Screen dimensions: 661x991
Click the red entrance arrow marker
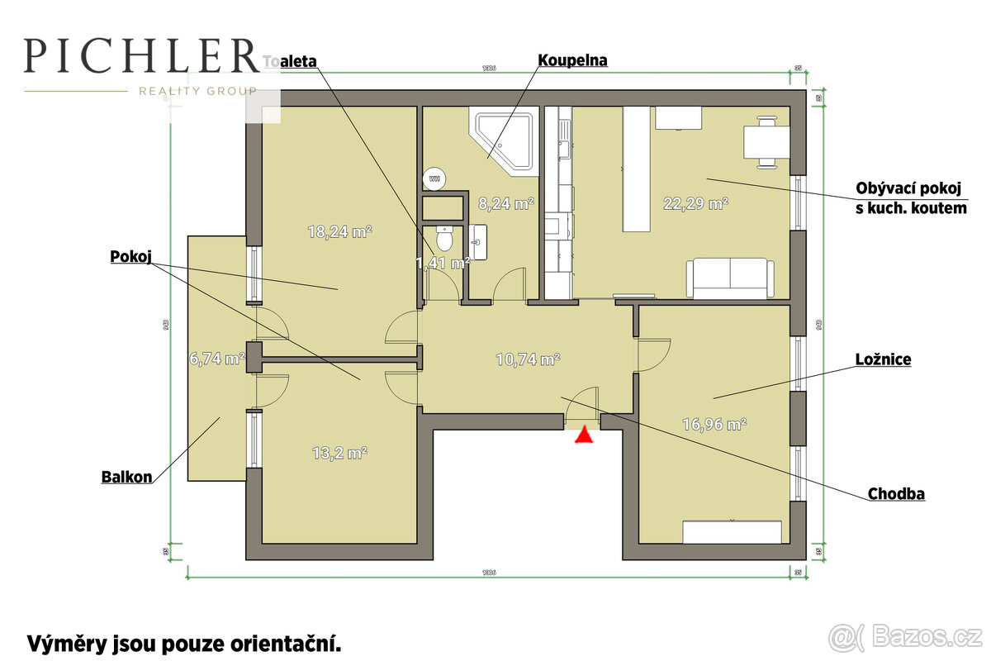pyautogui.click(x=584, y=435)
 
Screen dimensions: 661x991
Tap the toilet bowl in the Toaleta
pyautogui.click(x=444, y=239)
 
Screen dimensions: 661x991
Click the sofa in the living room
pyautogui.click(x=730, y=278)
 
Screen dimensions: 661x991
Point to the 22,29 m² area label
pyautogui.click(x=695, y=202)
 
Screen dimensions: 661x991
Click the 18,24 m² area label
pyautogui.click(x=339, y=232)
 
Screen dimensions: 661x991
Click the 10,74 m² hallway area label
pyautogui.click(x=528, y=359)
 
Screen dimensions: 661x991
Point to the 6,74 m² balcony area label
pyautogui.click(x=217, y=359)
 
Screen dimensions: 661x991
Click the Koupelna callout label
pyautogui.click(x=572, y=60)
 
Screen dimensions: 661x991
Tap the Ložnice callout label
pyautogui.click(x=883, y=360)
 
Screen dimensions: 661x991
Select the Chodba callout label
pyautogui.click(x=896, y=494)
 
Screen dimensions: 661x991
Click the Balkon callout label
pyautogui.click(x=126, y=477)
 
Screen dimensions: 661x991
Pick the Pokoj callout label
pyautogui.click(x=132, y=257)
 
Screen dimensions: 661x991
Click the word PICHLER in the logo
pyautogui.click(x=140, y=55)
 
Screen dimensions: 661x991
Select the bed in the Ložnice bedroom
pyautogui.click(x=732, y=531)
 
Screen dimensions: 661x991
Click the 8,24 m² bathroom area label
pyautogui.click(x=506, y=202)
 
